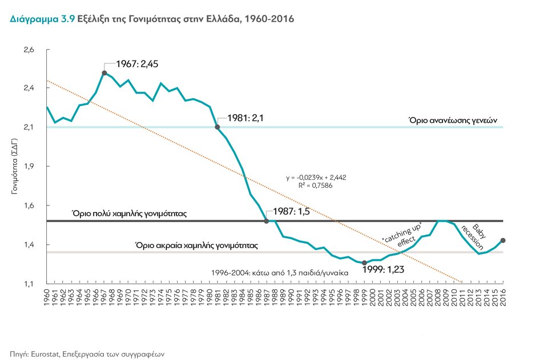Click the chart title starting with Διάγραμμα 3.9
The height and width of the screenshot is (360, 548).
pyautogui.click(x=152, y=19)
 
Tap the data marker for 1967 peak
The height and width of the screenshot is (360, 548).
pyautogui.click(x=104, y=73)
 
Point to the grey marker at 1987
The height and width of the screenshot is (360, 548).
pyautogui.click(x=267, y=221)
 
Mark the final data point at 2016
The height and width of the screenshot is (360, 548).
pyautogui.click(x=503, y=240)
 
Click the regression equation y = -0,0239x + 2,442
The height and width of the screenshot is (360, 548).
pyautogui.click(x=316, y=177)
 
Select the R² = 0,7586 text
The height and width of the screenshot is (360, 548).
pyautogui.click(x=316, y=185)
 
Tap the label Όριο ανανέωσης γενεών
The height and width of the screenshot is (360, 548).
pyautogui.click(x=454, y=121)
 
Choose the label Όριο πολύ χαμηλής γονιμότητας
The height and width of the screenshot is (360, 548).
pyautogui.click(x=130, y=213)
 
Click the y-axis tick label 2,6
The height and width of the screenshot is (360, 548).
pyautogui.click(x=29, y=50)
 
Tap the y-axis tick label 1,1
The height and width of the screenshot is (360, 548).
pyautogui.click(x=29, y=284)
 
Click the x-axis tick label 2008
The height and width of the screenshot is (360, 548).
pyautogui.click(x=438, y=298)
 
